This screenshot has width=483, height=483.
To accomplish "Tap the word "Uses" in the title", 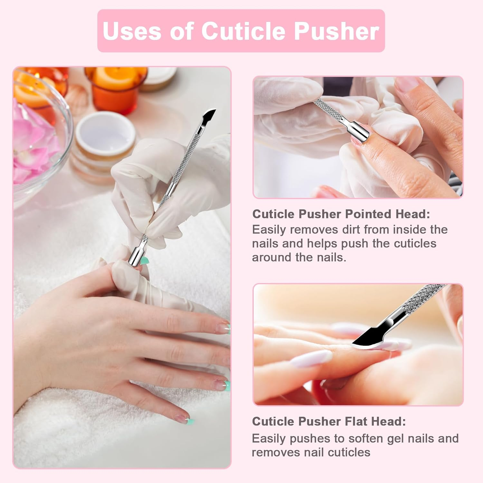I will (x=132, y=31).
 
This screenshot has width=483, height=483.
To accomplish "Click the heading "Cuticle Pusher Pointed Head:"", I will (x=341, y=214).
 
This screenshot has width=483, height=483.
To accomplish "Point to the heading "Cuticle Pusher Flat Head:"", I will (x=329, y=421).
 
